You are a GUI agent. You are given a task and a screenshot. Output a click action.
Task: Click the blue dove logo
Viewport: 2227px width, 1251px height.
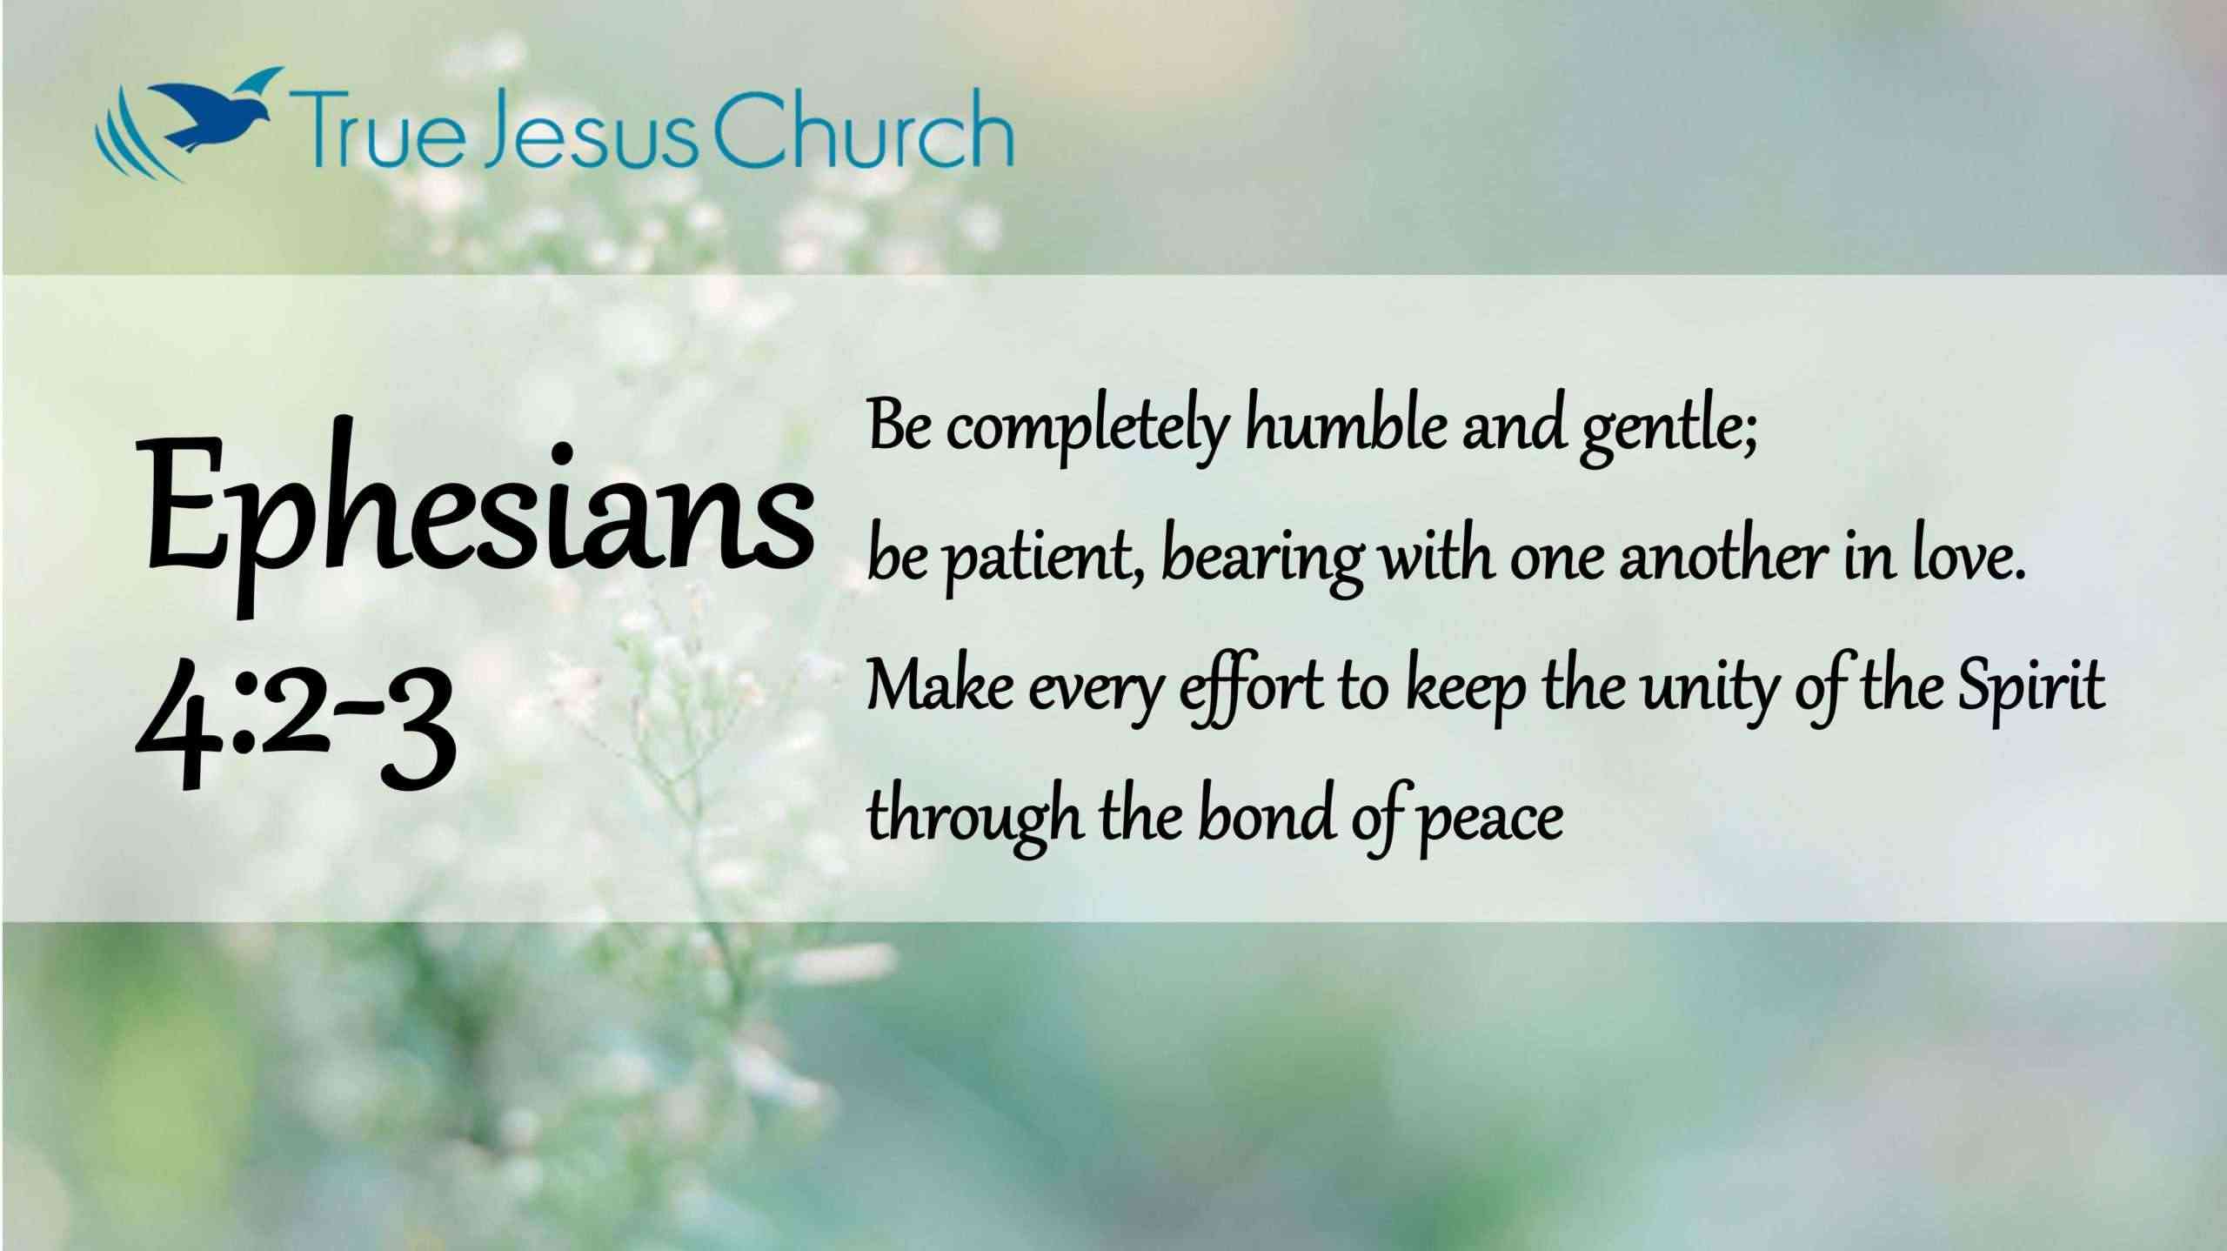coord(188,122)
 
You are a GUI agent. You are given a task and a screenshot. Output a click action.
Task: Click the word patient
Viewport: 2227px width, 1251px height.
coord(1043,560)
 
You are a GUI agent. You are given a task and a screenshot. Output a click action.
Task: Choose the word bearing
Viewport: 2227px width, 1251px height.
coord(1262,561)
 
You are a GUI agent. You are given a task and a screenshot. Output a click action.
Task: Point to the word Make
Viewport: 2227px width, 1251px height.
coord(940,687)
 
